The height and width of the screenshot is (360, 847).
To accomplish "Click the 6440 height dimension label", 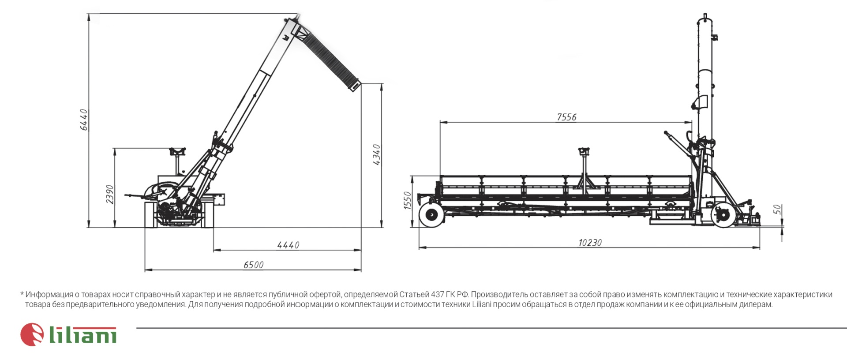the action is coord(84,120).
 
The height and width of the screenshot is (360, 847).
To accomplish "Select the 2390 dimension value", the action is coord(110,195).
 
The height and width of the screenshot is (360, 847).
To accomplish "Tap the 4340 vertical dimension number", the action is coord(376,154).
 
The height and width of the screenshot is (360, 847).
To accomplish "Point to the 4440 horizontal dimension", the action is coord(288,245).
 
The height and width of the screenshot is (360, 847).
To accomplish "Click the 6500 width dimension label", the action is coord(254,265).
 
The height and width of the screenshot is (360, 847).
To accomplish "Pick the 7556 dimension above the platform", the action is coord(566,117).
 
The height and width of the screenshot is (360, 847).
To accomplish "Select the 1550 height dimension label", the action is coord(408,200).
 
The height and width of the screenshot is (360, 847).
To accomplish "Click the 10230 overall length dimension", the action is coord(590,243).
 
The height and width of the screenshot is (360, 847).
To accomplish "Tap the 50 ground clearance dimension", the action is coord(777,210).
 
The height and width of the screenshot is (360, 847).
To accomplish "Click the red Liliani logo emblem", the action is coord(32,334).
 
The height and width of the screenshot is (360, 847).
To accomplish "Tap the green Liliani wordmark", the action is coord(82,335).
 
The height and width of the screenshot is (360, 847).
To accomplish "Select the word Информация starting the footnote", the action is coord(49,295).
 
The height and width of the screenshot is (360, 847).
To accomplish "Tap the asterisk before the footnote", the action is coord(22,293).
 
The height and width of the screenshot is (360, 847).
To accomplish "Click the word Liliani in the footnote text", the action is coord(482,304).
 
